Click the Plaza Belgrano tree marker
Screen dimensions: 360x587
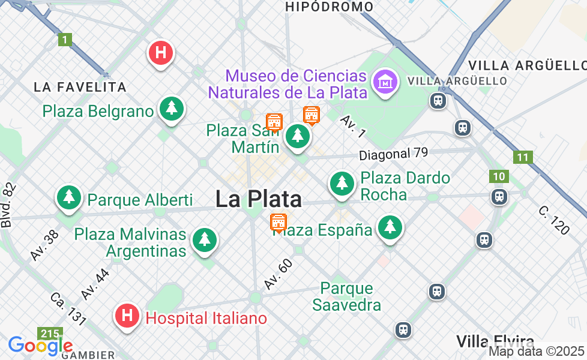point(172,109)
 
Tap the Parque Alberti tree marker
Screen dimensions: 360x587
point(69,197)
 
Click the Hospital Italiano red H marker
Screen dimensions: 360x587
point(127,315)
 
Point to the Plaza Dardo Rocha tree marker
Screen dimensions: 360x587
point(342,182)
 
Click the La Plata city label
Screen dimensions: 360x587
point(258,199)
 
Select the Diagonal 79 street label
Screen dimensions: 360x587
point(393,154)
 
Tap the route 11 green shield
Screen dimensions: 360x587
point(523,157)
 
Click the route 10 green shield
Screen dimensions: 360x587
point(498,176)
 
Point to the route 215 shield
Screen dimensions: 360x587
point(47,333)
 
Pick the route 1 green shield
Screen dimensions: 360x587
point(65,40)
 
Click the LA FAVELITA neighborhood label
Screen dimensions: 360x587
point(80,87)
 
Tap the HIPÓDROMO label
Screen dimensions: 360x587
point(329,7)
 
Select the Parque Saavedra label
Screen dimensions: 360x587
point(346,297)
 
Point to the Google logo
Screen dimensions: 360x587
point(40,346)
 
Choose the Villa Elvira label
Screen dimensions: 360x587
point(495,341)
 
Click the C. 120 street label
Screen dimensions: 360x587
point(553,220)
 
